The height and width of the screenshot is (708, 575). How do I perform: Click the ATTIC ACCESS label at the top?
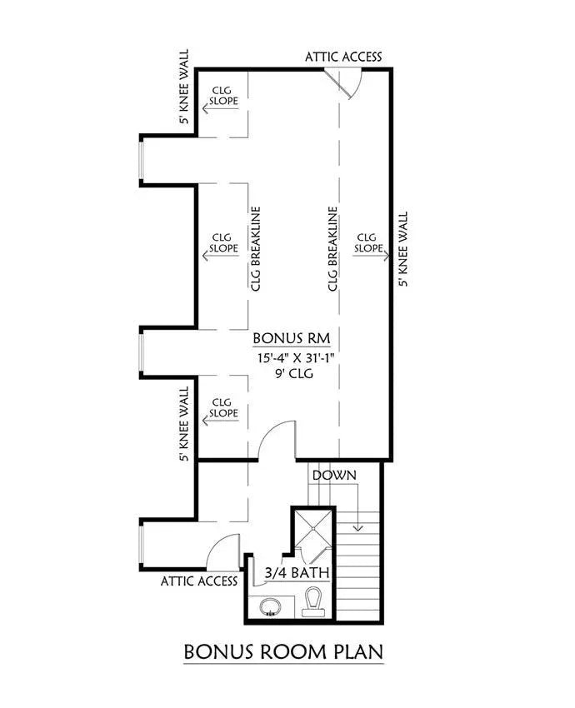[x=343, y=57]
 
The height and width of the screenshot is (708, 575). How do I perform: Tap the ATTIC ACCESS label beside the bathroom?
[x=199, y=581]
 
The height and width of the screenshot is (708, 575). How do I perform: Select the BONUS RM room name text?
[x=292, y=338]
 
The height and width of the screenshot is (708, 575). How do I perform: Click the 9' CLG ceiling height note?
[x=292, y=374]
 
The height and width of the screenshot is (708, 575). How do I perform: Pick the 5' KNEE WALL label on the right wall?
[x=404, y=249]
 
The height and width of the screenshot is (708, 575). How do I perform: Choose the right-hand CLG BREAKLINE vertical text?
[x=332, y=249]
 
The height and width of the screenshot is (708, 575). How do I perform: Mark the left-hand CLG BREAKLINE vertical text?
[x=255, y=249]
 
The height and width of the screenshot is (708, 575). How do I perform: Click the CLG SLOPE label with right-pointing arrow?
[x=368, y=242]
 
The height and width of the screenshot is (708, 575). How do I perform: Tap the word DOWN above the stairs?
[x=334, y=475]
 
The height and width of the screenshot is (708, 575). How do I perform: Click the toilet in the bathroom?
[x=314, y=601]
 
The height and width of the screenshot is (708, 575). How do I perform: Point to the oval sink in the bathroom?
[x=271, y=607]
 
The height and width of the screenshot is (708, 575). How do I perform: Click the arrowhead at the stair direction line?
[x=358, y=526]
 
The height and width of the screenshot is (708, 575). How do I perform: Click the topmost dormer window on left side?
[x=142, y=159]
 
